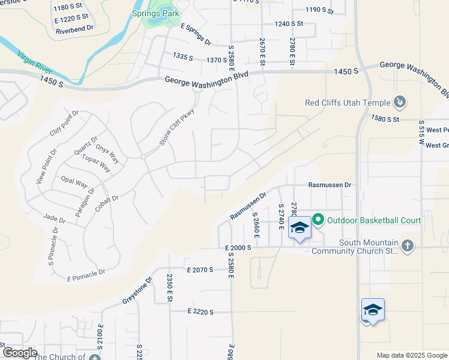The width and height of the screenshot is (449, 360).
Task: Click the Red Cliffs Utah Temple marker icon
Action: coord(399,103)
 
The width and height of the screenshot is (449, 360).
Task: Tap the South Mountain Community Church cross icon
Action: coord(408,245)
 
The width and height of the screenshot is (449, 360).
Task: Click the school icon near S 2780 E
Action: coord(300,227)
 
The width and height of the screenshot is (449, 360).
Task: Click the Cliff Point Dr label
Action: coord(64,124)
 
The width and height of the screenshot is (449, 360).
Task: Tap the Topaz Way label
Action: coord(97,163)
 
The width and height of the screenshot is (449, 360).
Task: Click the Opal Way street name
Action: coord(74,181)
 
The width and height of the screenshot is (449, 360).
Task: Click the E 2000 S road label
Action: coord(238,247)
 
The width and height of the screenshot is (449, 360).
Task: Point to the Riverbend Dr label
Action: coord(74,28)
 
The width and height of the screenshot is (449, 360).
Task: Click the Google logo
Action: coord(20,353)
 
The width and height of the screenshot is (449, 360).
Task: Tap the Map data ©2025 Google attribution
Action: coord(412,355)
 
